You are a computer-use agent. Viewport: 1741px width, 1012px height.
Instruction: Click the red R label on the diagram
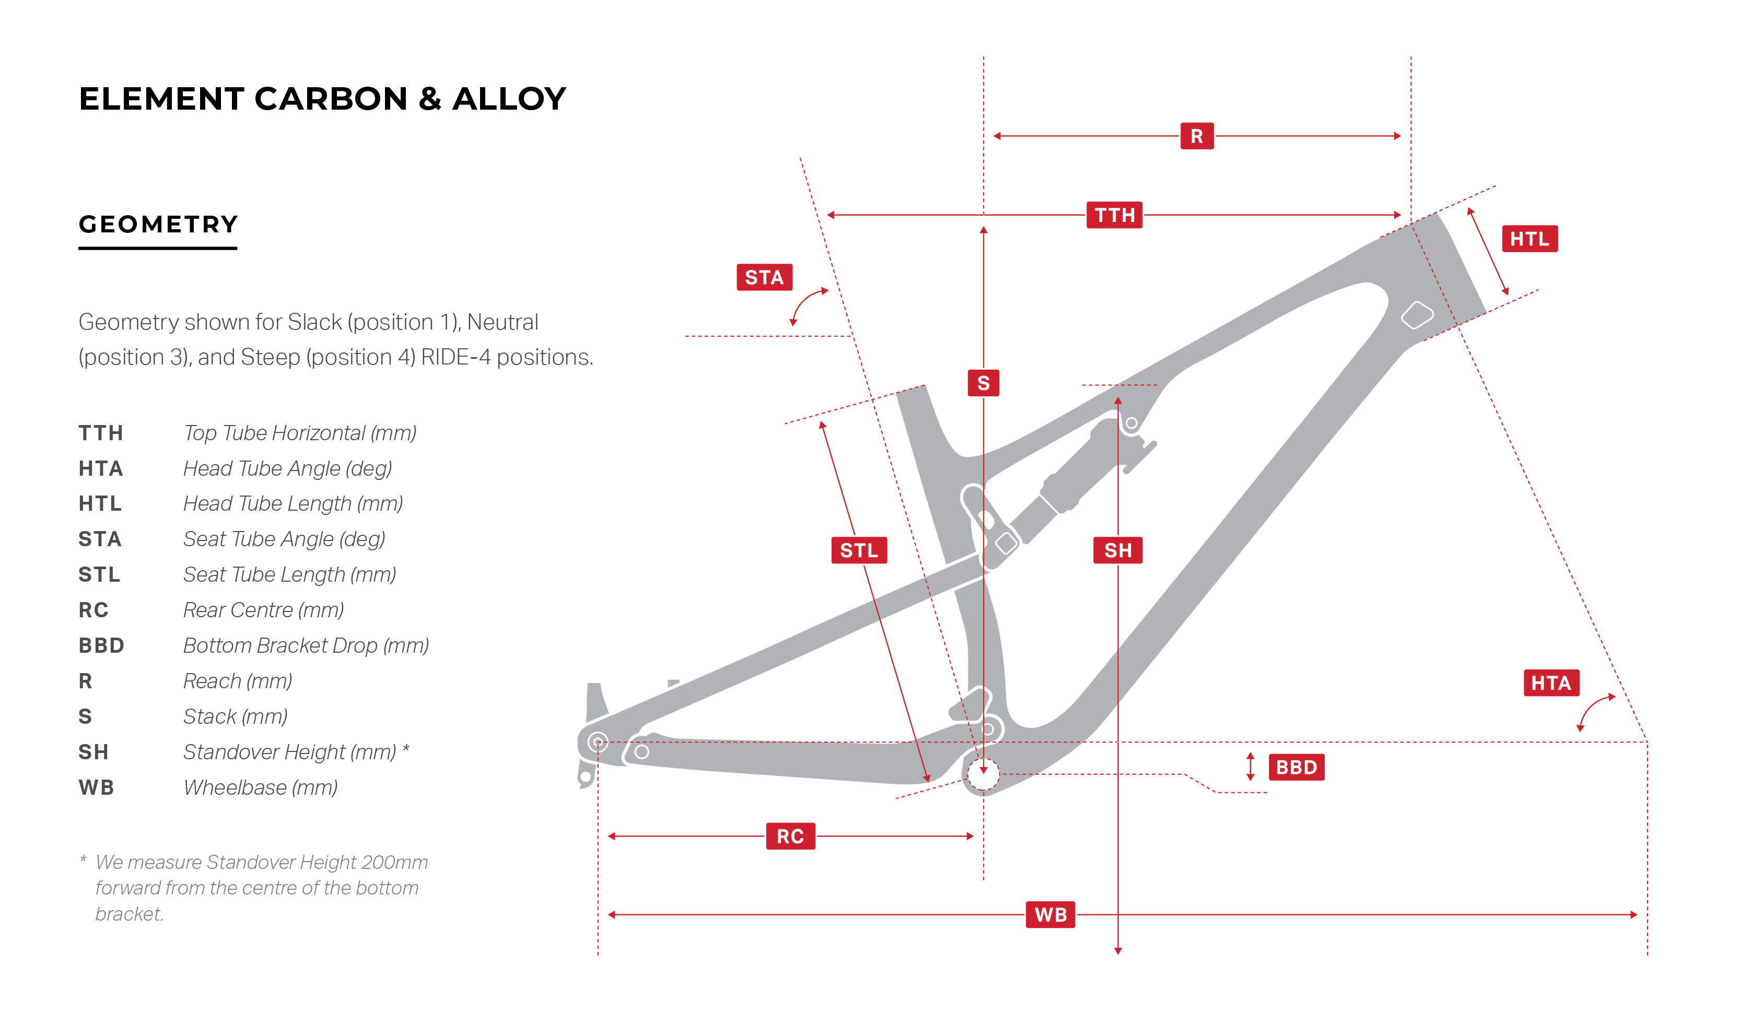[x=1197, y=136]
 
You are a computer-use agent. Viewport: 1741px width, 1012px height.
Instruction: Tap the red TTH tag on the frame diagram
[x=1114, y=215]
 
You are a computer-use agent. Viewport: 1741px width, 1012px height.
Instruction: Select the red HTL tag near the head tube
[x=1529, y=238]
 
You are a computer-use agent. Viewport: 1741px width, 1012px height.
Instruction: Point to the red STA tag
[x=764, y=277]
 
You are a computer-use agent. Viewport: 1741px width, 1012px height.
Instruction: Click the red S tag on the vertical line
[x=983, y=383]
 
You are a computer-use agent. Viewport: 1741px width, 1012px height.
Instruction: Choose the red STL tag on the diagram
[x=859, y=550]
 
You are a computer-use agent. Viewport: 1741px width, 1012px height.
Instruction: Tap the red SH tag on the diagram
[x=1118, y=550]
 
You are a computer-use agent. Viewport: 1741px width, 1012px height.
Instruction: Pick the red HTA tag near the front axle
[x=1551, y=682]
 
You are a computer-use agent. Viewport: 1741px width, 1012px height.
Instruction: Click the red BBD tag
[x=1296, y=767]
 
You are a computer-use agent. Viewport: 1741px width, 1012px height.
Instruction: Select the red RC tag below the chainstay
[x=790, y=836]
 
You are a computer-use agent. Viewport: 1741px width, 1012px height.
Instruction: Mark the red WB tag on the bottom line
[x=1050, y=914]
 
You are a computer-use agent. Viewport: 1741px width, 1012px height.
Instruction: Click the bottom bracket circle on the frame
[x=983, y=774]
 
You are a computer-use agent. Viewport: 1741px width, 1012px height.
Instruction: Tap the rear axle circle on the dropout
[x=598, y=743]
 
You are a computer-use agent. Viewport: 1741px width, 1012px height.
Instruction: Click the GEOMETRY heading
[x=158, y=224]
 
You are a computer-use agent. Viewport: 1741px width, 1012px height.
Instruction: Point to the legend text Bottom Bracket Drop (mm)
[x=306, y=645]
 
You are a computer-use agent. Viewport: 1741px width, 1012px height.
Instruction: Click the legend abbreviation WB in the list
[x=96, y=787]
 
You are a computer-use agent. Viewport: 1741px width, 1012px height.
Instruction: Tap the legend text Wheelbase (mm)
[x=261, y=787]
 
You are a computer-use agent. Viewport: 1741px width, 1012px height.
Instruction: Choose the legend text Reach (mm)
[x=238, y=681]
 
